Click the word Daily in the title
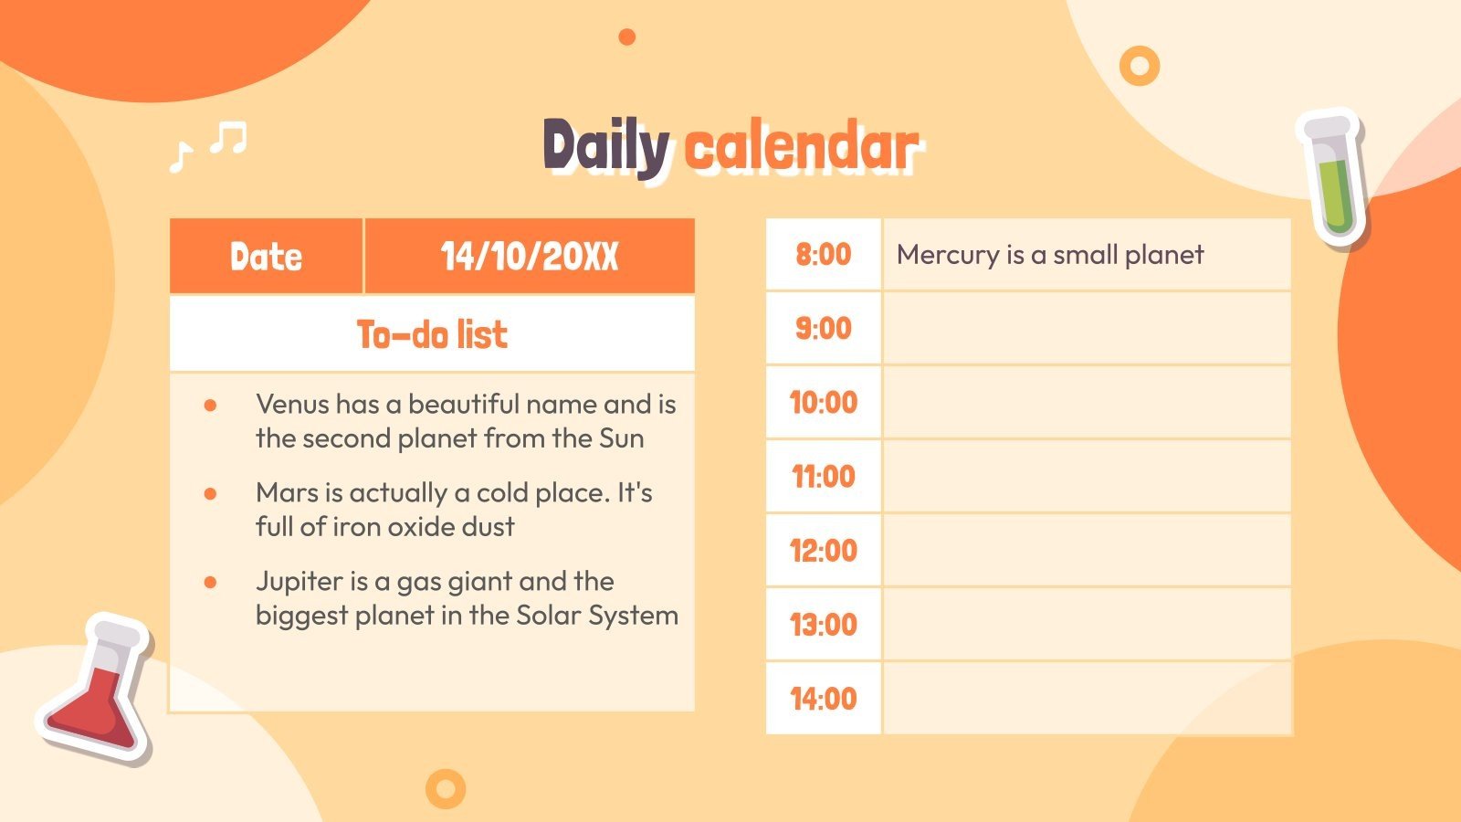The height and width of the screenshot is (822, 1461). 606,146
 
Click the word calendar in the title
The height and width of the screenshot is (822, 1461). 801,146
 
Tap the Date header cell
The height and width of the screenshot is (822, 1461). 266,257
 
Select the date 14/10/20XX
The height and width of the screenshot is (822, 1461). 530,257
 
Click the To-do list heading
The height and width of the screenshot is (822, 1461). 432,334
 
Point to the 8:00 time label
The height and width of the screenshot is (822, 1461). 823,254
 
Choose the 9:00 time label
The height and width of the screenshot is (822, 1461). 823,328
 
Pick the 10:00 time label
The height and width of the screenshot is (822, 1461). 823,402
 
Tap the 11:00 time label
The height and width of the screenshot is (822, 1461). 823,476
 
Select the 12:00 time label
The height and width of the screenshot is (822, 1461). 823,551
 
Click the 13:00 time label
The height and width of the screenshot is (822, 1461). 823,625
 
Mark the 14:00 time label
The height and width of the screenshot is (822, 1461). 823,699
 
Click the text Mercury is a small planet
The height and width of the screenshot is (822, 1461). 1050,255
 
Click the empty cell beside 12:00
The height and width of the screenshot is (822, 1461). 1087,551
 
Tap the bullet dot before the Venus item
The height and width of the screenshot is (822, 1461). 210,405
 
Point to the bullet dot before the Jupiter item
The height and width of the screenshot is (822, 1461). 210,582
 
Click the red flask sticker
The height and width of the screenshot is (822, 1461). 96,690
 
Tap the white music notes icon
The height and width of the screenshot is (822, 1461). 209,144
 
